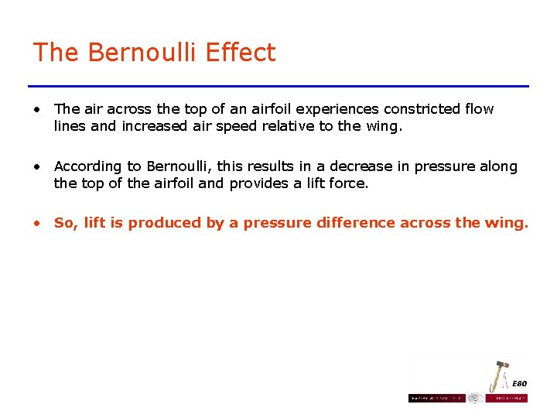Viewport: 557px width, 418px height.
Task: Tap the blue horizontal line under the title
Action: click(x=278, y=86)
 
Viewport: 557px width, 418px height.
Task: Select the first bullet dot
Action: click(x=37, y=109)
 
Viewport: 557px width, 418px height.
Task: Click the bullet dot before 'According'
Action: click(x=37, y=166)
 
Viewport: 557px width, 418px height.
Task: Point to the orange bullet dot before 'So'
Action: click(x=37, y=224)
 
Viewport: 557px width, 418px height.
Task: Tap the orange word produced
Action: click(x=155, y=224)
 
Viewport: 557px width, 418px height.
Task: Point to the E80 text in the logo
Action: click(x=519, y=384)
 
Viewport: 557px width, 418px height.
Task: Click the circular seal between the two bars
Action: click(x=475, y=398)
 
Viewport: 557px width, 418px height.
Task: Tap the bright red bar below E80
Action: click(x=507, y=398)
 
